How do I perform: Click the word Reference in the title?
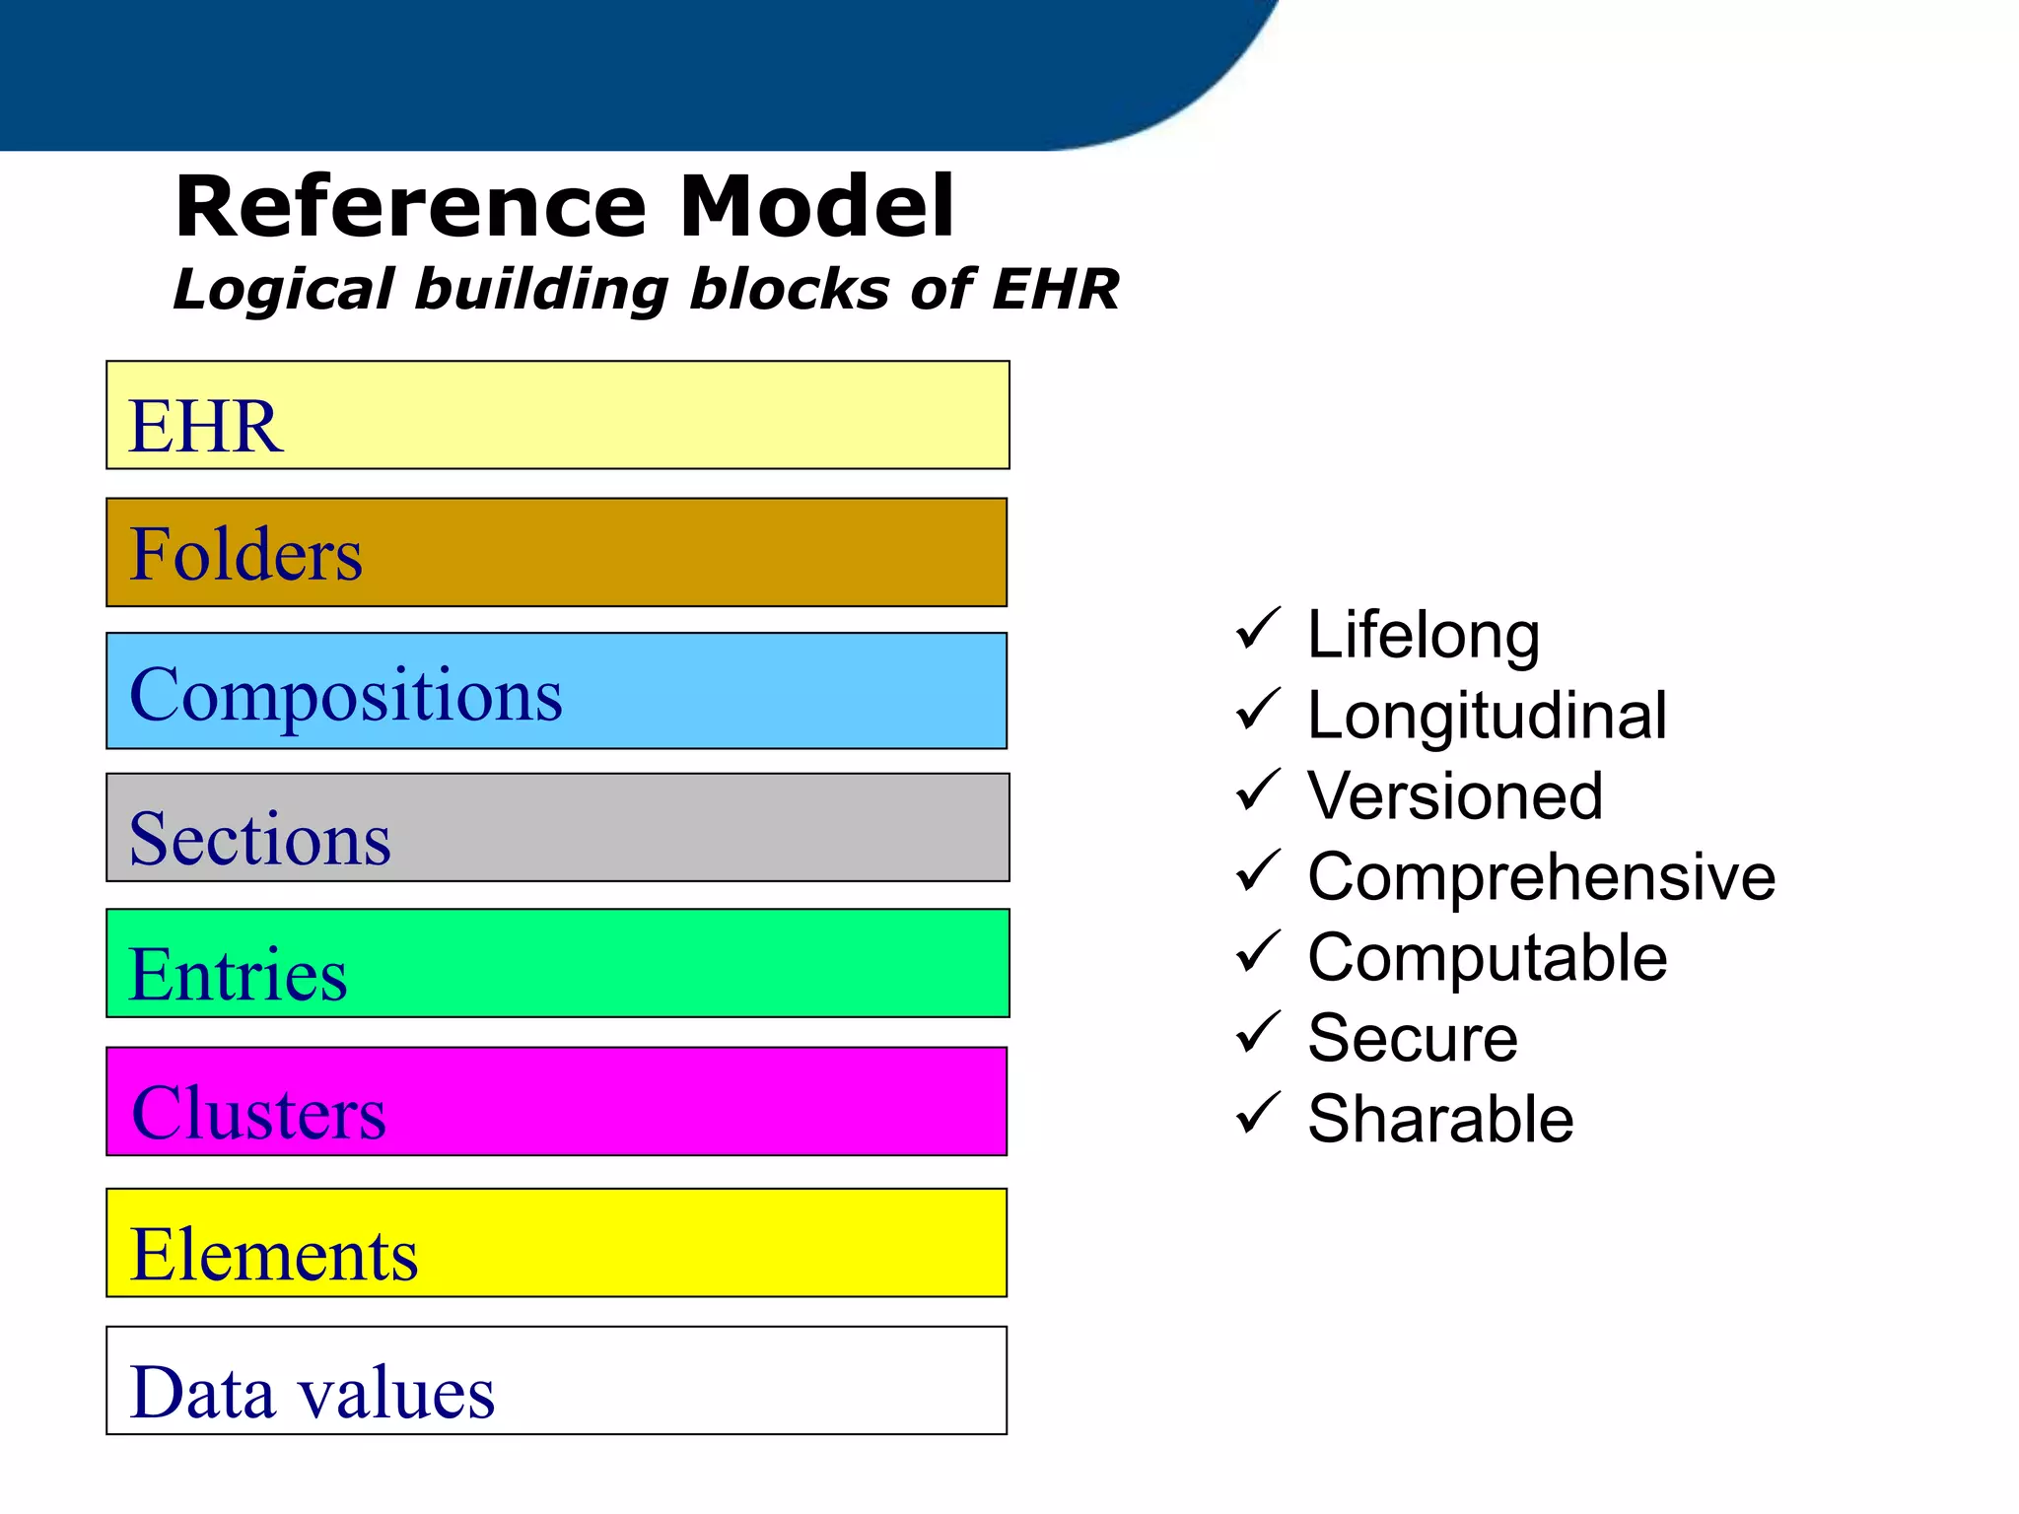(410, 207)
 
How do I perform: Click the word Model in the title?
(816, 207)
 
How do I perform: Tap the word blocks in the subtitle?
(789, 290)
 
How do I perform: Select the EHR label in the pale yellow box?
(206, 426)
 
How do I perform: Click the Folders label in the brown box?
(245, 554)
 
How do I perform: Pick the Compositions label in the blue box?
(345, 696)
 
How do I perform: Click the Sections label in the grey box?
(259, 839)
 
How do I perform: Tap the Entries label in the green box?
(238, 974)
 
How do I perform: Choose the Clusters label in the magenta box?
(258, 1113)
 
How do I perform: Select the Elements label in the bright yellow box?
(273, 1255)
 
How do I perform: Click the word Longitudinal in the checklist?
(1487, 716)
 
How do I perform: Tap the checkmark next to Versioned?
(1257, 791)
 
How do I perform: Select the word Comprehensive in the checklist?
(1541, 877)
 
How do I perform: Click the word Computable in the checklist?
(1487, 958)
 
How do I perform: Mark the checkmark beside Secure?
(1257, 1033)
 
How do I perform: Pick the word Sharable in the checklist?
(1440, 1120)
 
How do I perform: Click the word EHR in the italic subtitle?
(1055, 290)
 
